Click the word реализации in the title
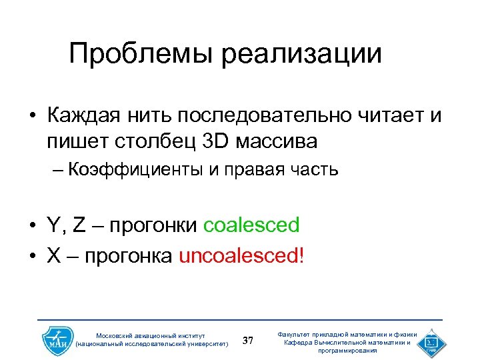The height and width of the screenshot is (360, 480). pyautogui.click(x=302, y=53)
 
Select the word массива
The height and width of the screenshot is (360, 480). pyautogui.click(x=274, y=141)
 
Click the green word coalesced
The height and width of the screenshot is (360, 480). pyautogui.click(x=251, y=225)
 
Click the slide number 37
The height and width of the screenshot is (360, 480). pyautogui.click(x=248, y=341)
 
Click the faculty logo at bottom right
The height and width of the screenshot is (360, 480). pyautogui.click(x=432, y=341)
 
